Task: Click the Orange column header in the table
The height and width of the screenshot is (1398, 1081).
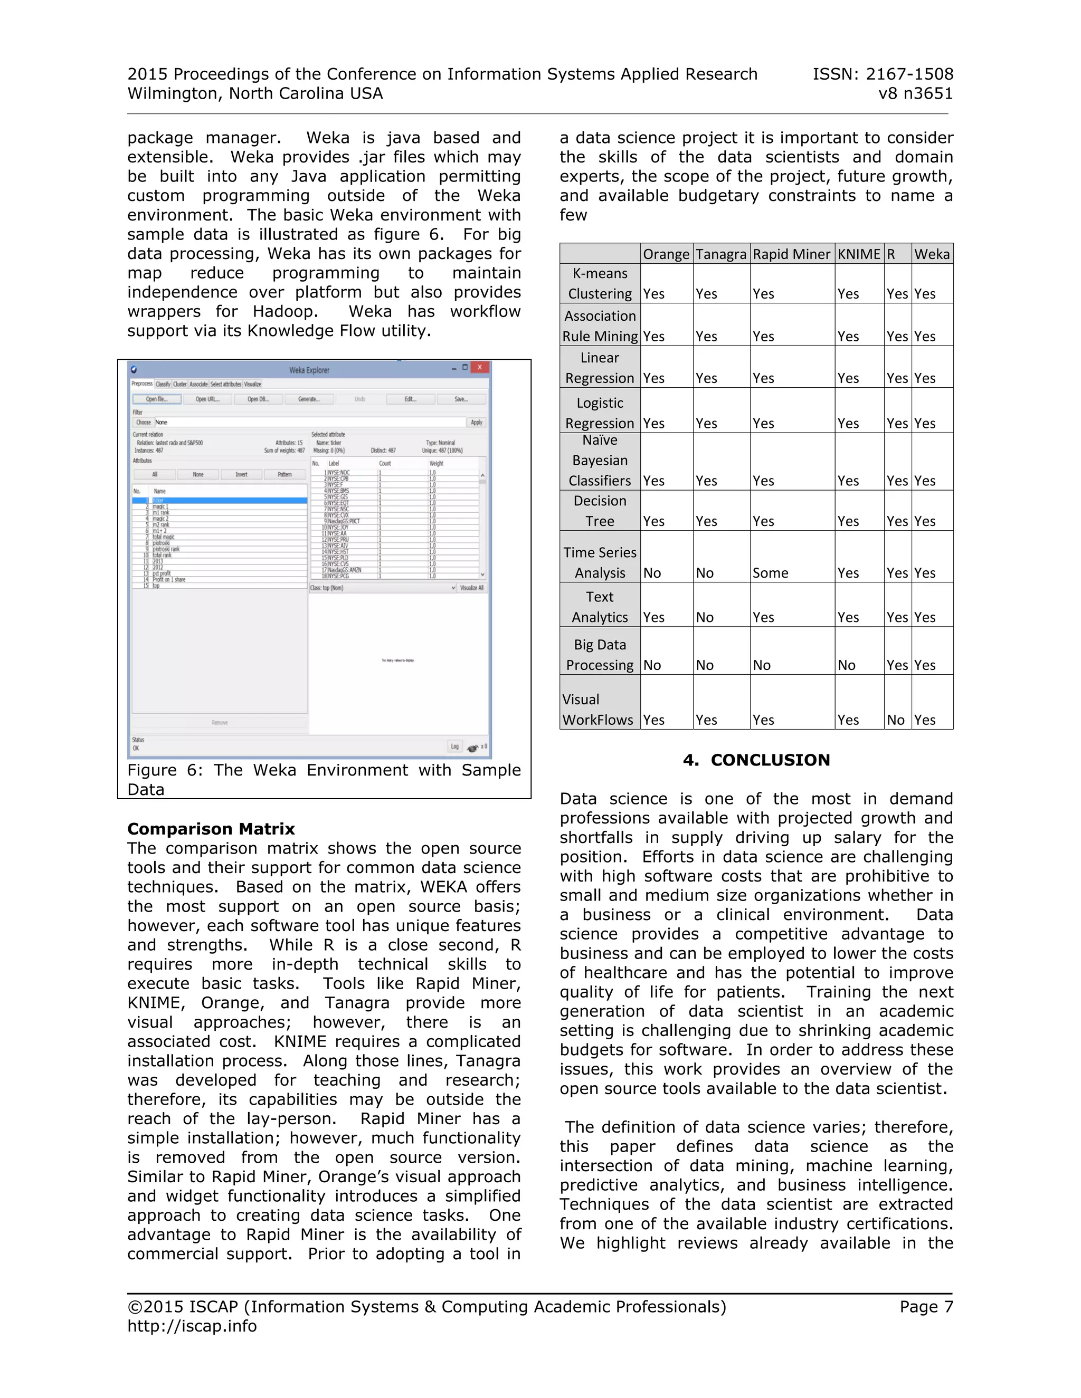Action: [666, 254]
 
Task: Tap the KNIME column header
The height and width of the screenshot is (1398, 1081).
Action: [859, 254]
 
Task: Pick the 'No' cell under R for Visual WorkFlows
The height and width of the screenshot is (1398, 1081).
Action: [895, 720]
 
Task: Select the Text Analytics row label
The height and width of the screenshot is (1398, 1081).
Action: [600, 607]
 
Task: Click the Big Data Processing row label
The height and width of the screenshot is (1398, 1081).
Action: [600, 655]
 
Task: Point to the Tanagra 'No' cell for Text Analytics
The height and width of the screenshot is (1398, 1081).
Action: [705, 617]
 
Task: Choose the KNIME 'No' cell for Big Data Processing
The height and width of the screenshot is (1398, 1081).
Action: [847, 665]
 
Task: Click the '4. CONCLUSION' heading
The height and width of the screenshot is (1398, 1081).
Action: [756, 760]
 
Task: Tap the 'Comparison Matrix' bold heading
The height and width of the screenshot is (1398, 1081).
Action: [211, 829]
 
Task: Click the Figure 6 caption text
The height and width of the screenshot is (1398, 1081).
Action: [324, 779]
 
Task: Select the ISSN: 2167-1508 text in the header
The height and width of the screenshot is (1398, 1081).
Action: [883, 74]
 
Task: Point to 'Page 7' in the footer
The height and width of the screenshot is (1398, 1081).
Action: [926, 1306]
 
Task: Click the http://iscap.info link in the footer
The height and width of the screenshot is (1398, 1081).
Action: [192, 1326]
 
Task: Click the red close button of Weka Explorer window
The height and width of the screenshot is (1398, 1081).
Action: [480, 367]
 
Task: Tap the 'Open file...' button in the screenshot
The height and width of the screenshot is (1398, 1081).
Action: [156, 399]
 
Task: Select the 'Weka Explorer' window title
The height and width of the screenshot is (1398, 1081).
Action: [309, 370]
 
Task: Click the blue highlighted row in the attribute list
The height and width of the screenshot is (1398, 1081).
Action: [219, 501]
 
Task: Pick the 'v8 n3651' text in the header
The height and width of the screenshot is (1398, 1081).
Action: [915, 93]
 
